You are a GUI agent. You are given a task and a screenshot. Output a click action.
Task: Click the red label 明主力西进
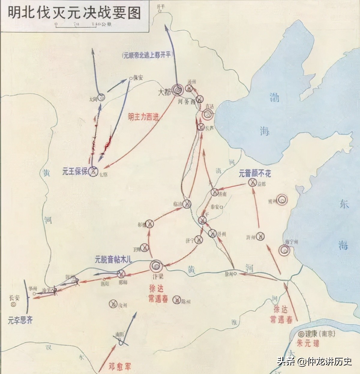pyautogui.click(x=143, y=117)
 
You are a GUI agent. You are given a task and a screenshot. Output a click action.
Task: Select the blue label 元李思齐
pyautogui.click(x=20, y=320)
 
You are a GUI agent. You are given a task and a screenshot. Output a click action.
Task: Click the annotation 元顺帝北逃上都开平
pyautogui.click(x=148, y=56)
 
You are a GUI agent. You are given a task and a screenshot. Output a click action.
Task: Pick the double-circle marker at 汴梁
pyautogui.click(x=156, y=265)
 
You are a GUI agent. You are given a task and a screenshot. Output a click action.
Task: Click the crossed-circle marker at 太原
pyautogui.click(x=93, y=172)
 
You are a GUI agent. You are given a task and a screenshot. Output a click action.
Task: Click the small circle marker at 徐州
pyautogui.click(x=236, y=273)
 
